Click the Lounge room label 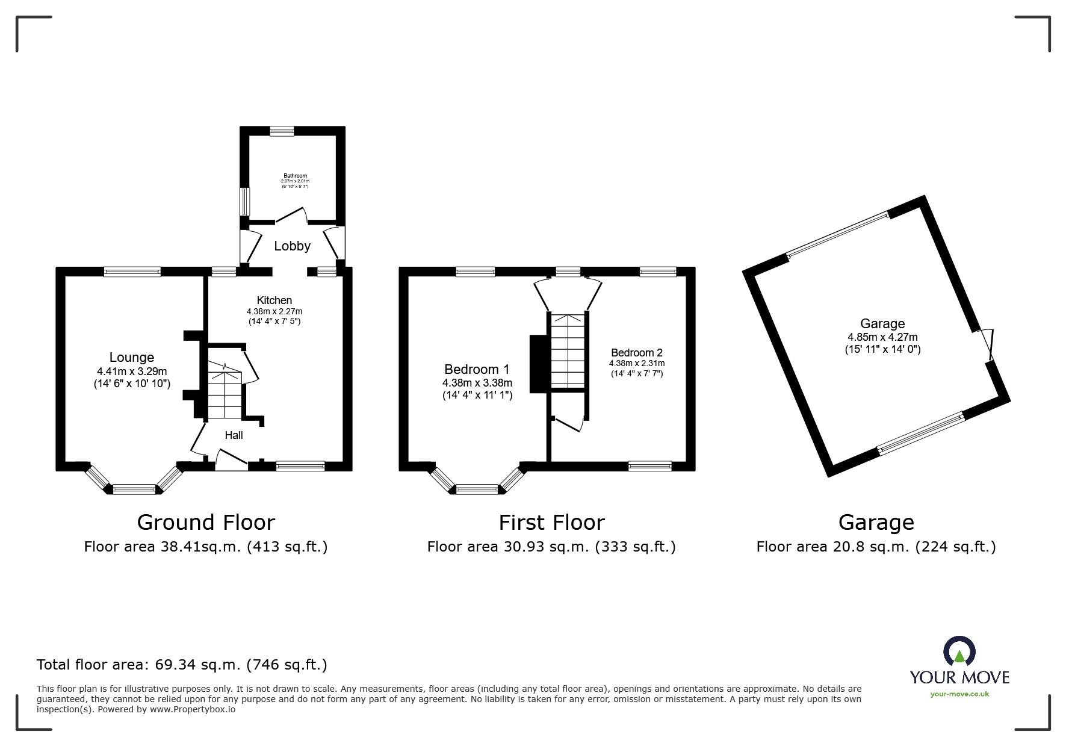pos(131,357)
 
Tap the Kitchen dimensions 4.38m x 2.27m pos(274,311)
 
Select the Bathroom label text pos(295,176)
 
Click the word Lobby pos(292,246)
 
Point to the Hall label pos(234,435)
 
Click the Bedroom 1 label pos(476,369)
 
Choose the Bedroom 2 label pos(636,352)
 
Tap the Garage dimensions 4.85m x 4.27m pos(882,337)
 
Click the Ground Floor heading pos(206,522)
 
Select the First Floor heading pos(551,522)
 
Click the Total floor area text pos(182,665)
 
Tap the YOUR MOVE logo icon pos(959,651)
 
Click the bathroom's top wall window pos(282,131)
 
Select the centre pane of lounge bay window pos(134,489)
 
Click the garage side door pos(988,345)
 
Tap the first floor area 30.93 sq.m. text pos(551,547)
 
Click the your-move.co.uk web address pos(959,694)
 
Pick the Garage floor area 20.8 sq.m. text pos(876,547)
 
